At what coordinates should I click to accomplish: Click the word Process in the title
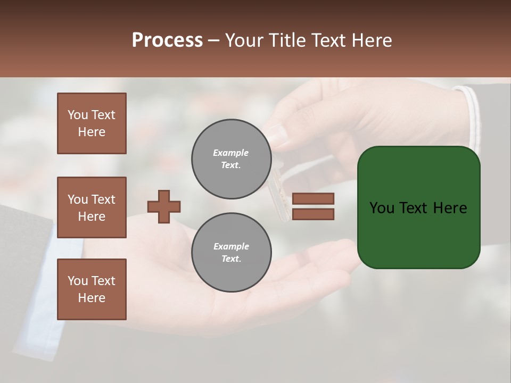point(167,40)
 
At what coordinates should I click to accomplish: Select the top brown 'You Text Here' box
point(92,123)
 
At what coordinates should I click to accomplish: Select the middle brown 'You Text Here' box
point(92,207)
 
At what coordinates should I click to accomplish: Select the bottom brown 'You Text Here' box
point(92,289)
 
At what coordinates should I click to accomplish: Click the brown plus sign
point(164,206)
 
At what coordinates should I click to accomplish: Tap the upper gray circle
point(232,159)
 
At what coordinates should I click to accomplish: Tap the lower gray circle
point(232,253)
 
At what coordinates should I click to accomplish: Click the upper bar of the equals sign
point(314,198)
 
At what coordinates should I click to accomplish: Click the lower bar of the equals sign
point(314,214)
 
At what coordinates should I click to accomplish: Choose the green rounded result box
point(418,207)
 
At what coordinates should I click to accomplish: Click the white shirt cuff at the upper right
point(472,114)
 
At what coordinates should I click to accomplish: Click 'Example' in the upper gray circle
point(231,153)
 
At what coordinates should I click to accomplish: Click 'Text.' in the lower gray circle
point(232,259)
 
